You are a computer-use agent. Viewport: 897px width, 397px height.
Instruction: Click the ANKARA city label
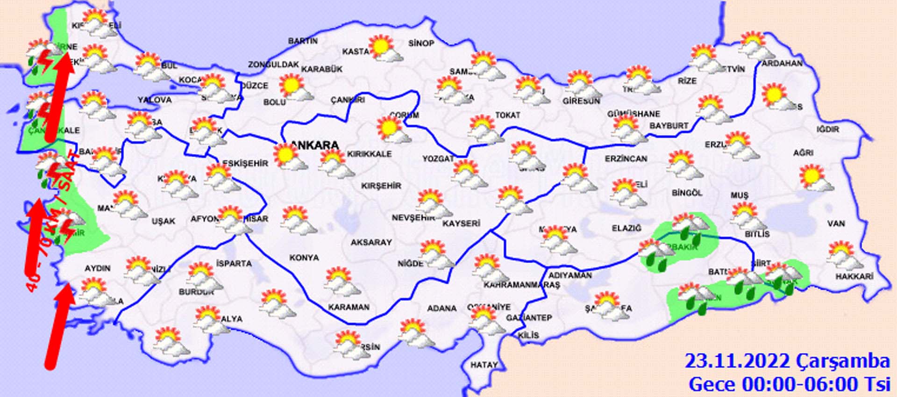click(x=314, y=145)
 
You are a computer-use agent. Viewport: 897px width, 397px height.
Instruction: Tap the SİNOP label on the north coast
click(x=421, y=43)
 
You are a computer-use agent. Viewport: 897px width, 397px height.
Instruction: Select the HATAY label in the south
click(x=484, y=365)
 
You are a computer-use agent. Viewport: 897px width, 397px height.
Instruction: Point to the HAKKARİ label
click(x=854, y=277)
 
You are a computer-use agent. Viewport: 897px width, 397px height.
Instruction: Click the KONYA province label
click(x=304, y=258)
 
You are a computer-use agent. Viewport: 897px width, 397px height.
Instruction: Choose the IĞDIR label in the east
click(x=828, y=129)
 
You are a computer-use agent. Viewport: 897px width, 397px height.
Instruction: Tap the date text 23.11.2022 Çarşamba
click(x=787, y=361)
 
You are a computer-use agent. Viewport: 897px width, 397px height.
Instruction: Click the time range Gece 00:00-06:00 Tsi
click(x=789, y=384)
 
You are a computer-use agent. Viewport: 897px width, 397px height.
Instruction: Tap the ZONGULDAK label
click(x=273, y=65)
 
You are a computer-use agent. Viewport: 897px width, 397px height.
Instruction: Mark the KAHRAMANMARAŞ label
click(x=521, y=285)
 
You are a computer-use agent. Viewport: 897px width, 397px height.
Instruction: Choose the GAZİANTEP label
click(x=529, y=318)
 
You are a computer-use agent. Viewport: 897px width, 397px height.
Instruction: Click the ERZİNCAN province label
click(x=626, y=159)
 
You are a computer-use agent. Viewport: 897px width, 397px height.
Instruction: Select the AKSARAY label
click(x=371, y=242)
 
